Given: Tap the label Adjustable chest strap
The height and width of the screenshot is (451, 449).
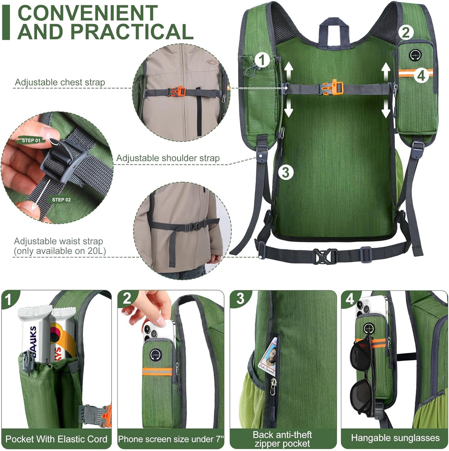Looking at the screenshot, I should click(x=60, y=82).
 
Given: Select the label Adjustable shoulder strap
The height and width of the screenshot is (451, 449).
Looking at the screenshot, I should click(x=168, y=158).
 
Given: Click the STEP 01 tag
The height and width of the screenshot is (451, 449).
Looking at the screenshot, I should click(x=31, y=140).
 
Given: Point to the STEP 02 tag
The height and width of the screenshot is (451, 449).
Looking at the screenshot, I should click(x=61, y=200).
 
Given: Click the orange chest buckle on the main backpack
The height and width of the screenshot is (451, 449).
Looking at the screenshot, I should click(x=332, y=88).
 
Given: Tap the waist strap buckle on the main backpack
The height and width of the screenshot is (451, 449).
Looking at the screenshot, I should click(x=325, y=256).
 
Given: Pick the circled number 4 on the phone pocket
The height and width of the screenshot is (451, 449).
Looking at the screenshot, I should click(x=421, y=75).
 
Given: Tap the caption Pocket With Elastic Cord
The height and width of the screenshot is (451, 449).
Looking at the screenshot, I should click(x=56, y=439).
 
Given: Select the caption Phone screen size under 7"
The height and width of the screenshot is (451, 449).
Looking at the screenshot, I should click(x=171, y=439).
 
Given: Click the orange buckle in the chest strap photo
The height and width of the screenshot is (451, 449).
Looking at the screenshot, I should click(x=177, y=92).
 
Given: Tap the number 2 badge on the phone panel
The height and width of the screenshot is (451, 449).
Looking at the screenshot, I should click(x=127, y=299).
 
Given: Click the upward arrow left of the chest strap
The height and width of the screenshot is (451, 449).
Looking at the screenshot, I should click(x=289, y=70).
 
